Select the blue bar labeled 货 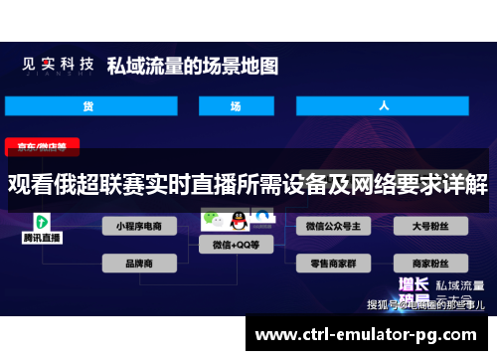(87, 105)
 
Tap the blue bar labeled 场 (236, 105)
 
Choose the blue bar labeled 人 (383, 105)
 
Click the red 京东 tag (42, 146)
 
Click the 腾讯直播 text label (42, 239)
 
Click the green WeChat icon (212, 218)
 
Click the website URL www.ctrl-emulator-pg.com (372, 333)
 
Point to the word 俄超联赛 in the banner (83, 184)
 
